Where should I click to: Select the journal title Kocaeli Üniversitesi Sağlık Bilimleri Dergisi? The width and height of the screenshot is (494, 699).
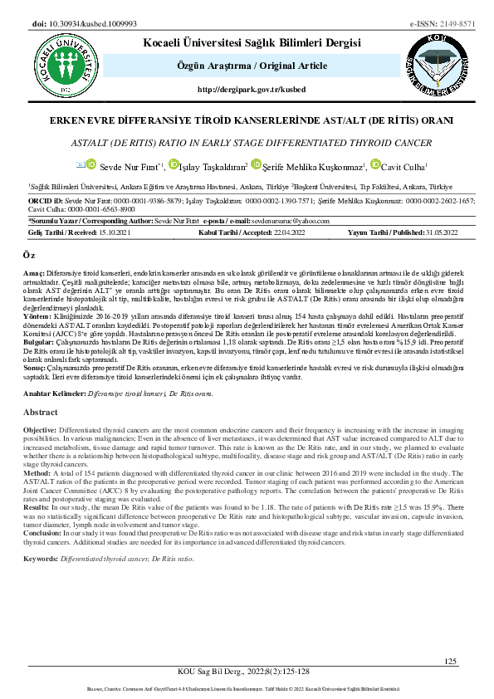(x=252, y=42)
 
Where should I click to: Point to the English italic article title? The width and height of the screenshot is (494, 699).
(x=247, y=143)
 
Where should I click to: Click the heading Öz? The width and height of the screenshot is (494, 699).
(x=29, y=261)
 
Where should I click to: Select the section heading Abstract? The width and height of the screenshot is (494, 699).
(x=42, y=412)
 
